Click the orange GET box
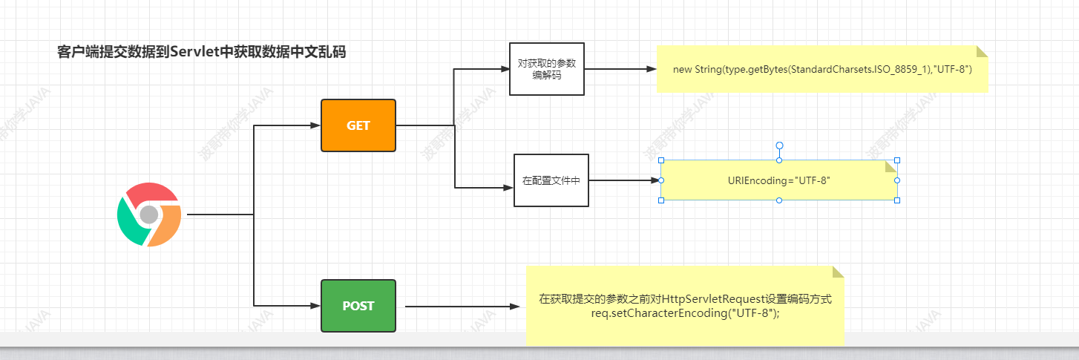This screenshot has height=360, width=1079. tap(358, 125)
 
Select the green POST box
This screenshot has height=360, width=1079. tap(358, 306)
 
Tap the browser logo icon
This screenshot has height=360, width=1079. tap(149, 215)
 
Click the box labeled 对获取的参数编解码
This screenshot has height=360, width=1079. tap(547, 69)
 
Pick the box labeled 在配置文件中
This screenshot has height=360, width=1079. tap(551, 180)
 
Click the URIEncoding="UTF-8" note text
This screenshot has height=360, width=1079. tap(779, 180)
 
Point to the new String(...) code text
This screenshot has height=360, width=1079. tap(822, 69)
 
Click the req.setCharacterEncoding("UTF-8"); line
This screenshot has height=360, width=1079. tap(685, 313)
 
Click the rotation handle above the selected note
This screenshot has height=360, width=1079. tap(779, 145)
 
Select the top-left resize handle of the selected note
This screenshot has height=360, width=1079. tap(661, 160)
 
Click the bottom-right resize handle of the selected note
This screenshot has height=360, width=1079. tap(897, 200)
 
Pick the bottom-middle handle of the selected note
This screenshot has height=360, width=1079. tap(779, 200)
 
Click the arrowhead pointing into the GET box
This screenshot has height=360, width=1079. tap(315, 125)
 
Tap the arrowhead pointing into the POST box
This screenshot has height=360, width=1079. tap(315, 306)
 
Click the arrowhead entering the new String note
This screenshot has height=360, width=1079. tap(652, 69)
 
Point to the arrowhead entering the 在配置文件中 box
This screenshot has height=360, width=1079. tap(508, 188)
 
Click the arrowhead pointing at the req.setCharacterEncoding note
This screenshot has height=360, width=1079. tap(515, 306)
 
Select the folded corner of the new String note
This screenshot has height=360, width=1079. tap(982, 51)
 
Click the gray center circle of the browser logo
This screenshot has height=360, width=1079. tap(149, 215)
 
